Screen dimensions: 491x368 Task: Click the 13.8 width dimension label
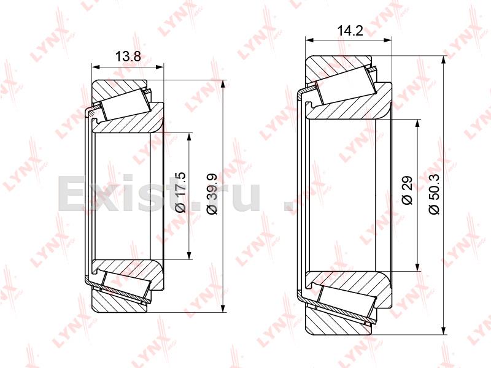128,56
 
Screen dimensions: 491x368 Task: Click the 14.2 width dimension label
350,31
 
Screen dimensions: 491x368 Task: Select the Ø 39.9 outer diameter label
212,194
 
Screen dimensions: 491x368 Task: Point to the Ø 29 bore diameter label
408,190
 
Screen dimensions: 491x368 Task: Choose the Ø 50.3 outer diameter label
435,194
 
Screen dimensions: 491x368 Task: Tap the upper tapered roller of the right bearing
346,85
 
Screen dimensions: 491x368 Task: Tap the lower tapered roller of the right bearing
346,301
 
